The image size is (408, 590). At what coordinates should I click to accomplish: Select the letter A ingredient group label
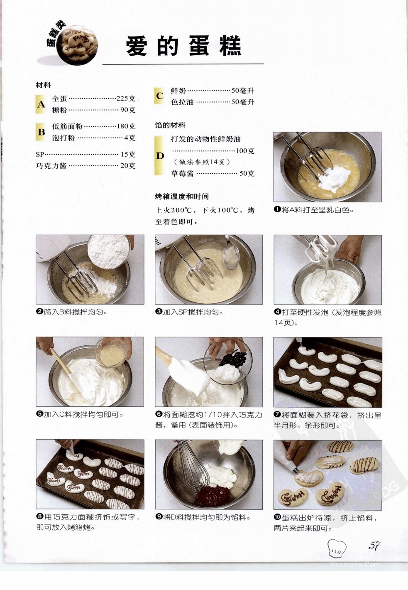(41, 105)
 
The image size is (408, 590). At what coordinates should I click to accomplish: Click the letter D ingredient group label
(160, 156)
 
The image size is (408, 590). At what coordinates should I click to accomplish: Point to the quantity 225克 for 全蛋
(126, 98)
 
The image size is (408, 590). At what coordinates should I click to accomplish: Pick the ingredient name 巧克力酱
(51, 166)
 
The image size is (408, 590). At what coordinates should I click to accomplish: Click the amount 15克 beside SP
(128, 154)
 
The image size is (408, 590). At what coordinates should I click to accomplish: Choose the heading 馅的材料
(170, 125)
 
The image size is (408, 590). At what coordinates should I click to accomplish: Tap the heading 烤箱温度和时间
(182, 197)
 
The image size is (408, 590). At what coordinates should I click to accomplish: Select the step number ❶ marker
(277, 210)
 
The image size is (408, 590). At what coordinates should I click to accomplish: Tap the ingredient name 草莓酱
(182, 173)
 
